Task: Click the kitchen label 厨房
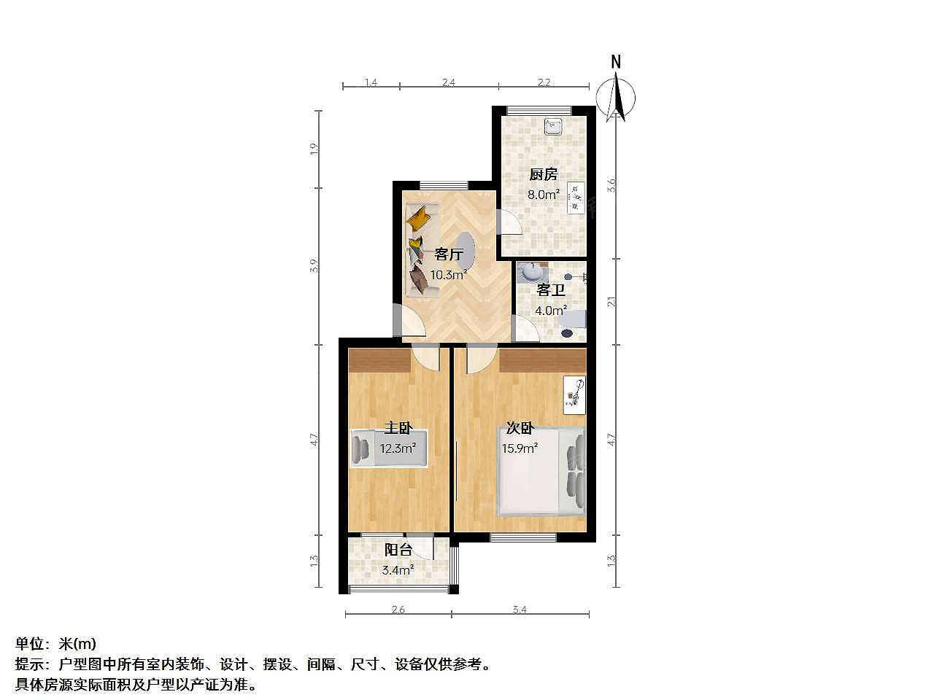click(544, 174)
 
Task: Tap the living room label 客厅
click(449, 254)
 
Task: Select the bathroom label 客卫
click(551, 290)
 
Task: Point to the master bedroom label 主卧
click(398, 427)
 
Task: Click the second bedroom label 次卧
click(520, 427)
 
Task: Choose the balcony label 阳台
click(398, 550)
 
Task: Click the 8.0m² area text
click(544, 195)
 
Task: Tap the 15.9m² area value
click(520, 448)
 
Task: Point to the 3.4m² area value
click(398, 570)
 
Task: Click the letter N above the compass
click(616, 62)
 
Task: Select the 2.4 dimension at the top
click(449, 82)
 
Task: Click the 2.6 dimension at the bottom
click(398, 610)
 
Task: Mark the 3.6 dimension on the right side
click(611, 185)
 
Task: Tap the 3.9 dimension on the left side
click(314, 266)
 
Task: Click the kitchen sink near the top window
click(553, 127)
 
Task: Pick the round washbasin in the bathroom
click(529, 273)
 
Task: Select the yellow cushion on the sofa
click(419, 217)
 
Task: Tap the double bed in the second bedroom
click(541, 471)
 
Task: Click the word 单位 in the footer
click(29, 644)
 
